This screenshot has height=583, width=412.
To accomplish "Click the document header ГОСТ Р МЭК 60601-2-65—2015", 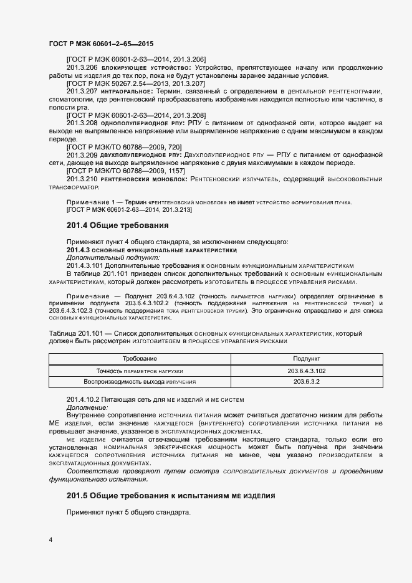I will pyautogui.click(x=100, y=44).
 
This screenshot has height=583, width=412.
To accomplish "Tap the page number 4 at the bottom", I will pyautogui.click(x=50, y=539).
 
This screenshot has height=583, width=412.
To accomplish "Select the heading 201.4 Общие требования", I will pyautogui.click(x=118, y=225).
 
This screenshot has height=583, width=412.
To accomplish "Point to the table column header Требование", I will pyautogui.click(x=140, y=359).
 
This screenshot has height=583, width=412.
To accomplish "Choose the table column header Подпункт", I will pyautogui.click(x=307, y=359).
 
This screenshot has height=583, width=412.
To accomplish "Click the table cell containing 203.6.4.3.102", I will pyautogui.click(x=307, y=371).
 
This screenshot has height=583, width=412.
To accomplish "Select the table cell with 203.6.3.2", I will pyautogui.click(x=307, y=382).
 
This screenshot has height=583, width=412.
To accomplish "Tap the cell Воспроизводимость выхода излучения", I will pyautogui.click(x=140, y=382).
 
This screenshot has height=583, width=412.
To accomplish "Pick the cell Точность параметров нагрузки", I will pyautogui.click(x=140, y=371).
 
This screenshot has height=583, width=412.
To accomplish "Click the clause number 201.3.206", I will pyautogui.click(x=82, y=67).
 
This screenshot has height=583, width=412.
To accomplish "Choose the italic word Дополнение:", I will pyautogui.click(x=87, y=407).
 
